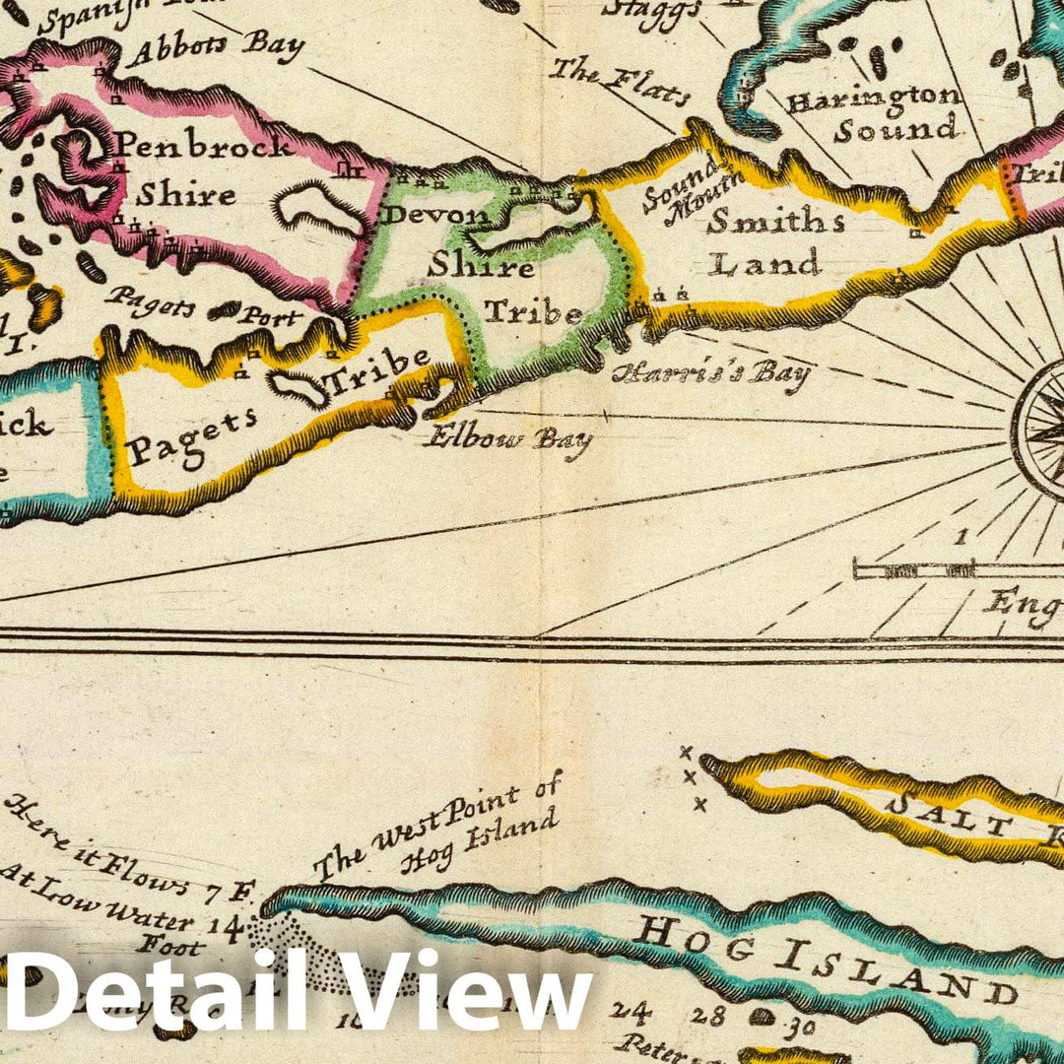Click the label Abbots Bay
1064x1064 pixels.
click(214, 48)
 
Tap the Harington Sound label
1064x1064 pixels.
click(873, 113)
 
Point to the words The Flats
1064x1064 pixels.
click(619, 82)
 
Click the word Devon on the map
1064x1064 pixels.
click(434, 214)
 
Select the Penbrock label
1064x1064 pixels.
click(203, 146)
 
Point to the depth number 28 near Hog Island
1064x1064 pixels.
click(701, 1014)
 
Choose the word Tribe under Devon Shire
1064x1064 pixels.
click(532, 313)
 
